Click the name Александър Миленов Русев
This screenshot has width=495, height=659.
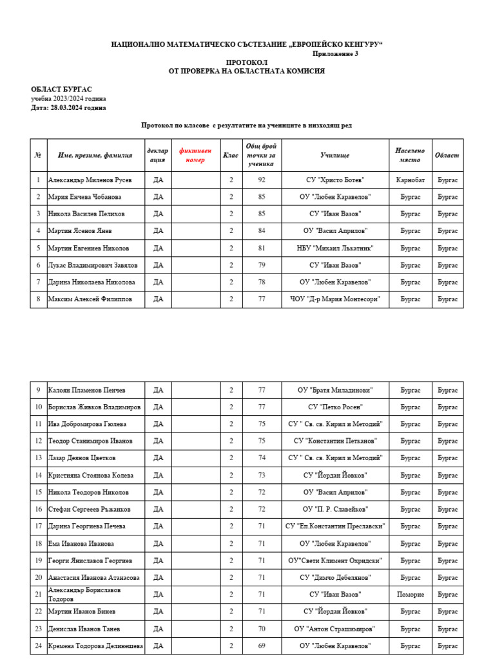click(90, 180)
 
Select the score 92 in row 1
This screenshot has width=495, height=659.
click(262, 180)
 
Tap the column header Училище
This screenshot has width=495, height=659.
click(335, 155)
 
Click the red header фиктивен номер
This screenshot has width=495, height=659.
click(195, 155)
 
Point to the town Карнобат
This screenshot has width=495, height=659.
click(410, 180)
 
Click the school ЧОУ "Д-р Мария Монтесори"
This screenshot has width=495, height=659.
click(335, 299)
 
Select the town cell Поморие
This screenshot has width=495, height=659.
click(410, 595)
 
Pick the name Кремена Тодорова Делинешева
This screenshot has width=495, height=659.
click(95, 645)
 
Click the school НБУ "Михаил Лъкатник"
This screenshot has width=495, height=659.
click(335, 248)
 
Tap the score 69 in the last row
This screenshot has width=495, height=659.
click(262, 645)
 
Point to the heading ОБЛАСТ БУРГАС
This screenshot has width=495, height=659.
click(61, 89)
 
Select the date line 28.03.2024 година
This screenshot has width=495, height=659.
click(69, 108)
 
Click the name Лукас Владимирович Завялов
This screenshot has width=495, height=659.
click(93, 265)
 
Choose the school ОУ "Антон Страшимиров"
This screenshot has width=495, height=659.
click(335, 629)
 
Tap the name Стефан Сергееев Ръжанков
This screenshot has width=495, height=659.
click(89, 509)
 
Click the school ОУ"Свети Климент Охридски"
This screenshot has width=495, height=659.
click(335, 561)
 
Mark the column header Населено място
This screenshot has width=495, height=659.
click(410, 155)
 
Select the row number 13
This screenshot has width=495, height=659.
click(39, 458)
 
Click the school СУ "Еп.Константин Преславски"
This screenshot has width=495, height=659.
click(335, 526)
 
